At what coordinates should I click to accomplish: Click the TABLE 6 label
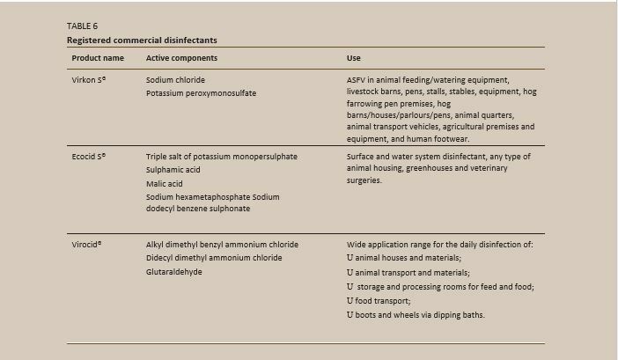[x=83, y=26]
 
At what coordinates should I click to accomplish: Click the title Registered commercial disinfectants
[x=141, y=40]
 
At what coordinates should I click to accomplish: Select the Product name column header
[x=97, y=58]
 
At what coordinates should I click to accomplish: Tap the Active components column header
[x=181, y=58]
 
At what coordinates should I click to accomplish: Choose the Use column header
[x=354, y=58]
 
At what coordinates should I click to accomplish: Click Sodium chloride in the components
[x=175, y=79]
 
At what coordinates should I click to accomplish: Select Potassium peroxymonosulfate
[x=201, y=92]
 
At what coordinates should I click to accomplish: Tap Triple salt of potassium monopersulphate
[x=221, y=157]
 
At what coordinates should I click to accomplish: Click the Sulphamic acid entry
[x=173, y=170]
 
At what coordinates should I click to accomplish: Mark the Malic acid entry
[x=165, y=183]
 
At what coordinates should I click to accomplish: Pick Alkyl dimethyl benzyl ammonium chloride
[x=222, y=244]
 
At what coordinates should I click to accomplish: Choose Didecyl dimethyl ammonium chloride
[x=214, y=258]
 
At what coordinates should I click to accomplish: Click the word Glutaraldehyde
[x=173, y=272]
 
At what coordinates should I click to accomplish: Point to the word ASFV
[x=357, y=79]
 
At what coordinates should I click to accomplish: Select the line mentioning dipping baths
[x=415, y=314]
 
